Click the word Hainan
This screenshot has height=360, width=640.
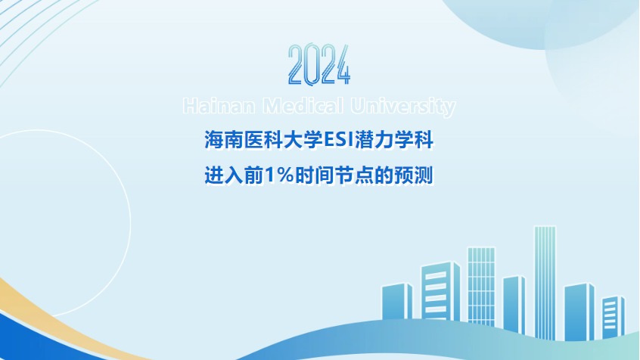pos(219,106)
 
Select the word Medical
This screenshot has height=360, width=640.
pos(303,106)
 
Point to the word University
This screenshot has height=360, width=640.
pos(403,107)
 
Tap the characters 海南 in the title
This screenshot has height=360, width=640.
pos(224,140)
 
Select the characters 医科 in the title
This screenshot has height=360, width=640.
pos(264,140)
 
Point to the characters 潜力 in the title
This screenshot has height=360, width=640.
pos(374,140)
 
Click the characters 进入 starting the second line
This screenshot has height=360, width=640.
pos(224,175)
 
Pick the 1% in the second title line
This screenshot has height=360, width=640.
pos(279,175)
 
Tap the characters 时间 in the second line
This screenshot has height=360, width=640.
pos(314,175)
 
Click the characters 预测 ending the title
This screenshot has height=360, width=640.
pos(414,175)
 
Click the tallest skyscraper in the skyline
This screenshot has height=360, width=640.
pos(545,282)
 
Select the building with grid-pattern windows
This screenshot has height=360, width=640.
pos(481,287)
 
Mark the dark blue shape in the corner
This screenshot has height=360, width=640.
pos(37,341)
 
